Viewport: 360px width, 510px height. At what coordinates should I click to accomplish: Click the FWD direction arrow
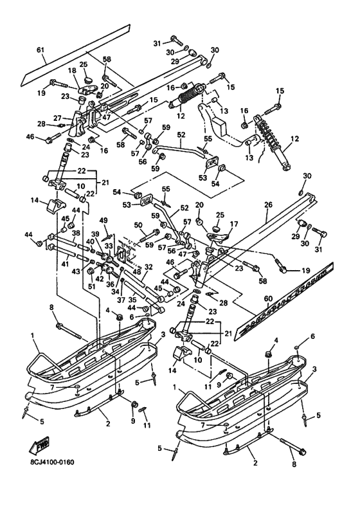click(39, 445)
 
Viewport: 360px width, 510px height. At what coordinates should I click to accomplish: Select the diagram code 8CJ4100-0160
click(50, 462)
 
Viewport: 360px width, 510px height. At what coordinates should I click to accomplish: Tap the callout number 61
click(40, 50)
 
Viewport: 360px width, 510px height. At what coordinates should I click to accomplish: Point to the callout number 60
click(268, 305)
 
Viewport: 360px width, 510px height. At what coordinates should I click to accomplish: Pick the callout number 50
click(138, 225)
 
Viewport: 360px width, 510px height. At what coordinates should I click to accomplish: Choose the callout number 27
click(57, 118)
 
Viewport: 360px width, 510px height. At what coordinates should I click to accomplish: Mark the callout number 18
click(72, 71)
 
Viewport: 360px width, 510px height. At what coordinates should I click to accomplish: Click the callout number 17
click(234, 224)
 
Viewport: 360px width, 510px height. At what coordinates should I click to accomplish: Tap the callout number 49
click(104, 221)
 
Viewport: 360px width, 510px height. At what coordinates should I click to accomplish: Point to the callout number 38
click(76, 233)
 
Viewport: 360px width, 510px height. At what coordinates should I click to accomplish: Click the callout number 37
click(121, 300)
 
